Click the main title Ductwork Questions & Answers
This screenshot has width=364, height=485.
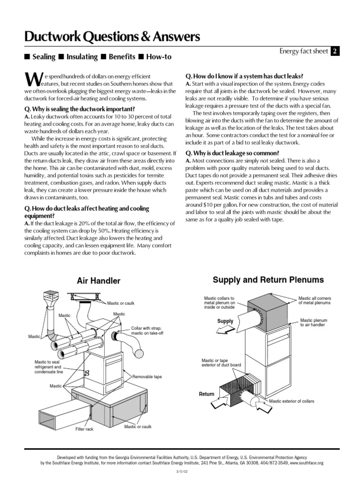pos(112,36)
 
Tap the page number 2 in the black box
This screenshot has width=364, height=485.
pos(335,52)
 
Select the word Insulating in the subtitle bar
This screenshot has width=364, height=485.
pos(82,57)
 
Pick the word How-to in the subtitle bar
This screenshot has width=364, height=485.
pos(159,57)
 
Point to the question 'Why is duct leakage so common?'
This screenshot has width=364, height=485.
pos(232,153)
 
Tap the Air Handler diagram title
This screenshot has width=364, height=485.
pos(99,281)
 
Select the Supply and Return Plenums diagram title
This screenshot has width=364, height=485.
pos(268,280)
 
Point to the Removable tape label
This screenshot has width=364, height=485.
pos(147,377)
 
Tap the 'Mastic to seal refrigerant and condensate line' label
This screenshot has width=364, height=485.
pos(48,367)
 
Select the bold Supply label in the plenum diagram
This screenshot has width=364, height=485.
pos(225,321)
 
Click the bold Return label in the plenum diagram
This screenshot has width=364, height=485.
pos(207,394)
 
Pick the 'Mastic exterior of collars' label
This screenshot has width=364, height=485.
pos(291,401)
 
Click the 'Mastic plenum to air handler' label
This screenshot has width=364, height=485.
pos(313,323)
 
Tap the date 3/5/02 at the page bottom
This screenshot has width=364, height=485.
pos(182,472)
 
